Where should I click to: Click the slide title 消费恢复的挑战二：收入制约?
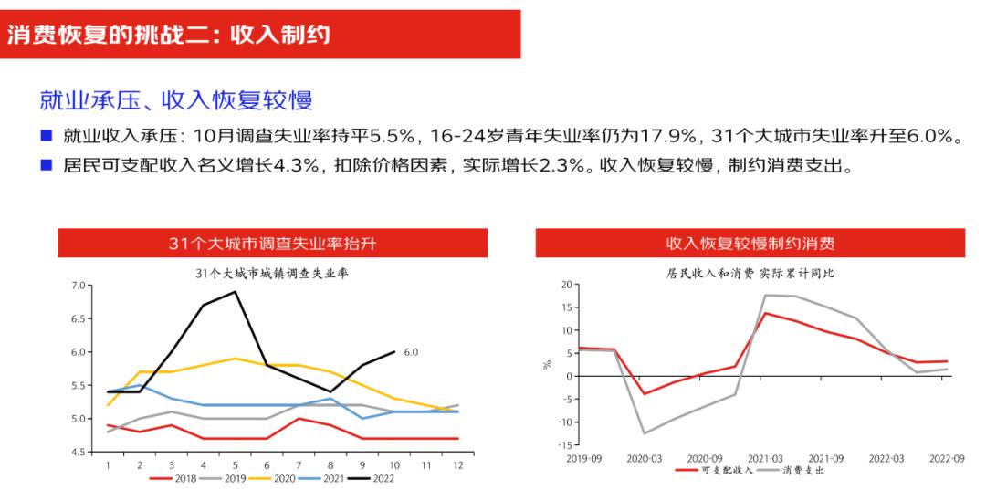click(x=169, y=36)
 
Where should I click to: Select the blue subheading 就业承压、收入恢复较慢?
click(x=183, y=99)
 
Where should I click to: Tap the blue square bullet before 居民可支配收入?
click(x=46, y=166)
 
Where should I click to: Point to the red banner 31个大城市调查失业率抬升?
click(x=273, y=244)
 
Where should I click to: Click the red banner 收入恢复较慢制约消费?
click(x=750, y=244)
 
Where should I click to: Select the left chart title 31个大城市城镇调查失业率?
click(x=273, y=272)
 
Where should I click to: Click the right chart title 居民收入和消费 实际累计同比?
click(x=750, y=272)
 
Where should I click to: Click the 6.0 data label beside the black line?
click(x=410, y=351)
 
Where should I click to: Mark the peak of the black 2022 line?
click(x=236, y=292)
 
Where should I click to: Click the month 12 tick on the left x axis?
click(x=458, y=465)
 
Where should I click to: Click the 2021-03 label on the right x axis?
click(x=764, y=458)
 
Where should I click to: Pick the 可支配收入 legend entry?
click(x=718, y=471)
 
